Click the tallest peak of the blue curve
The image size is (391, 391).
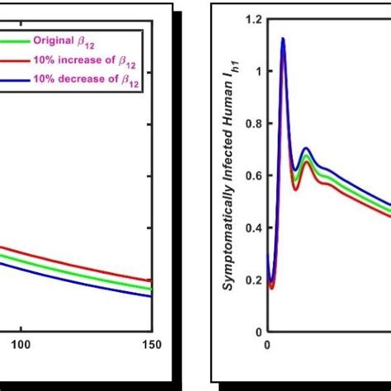(x=283, y=38)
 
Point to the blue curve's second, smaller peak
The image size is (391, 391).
(x=306, y=148)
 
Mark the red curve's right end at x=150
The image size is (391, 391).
(x=151, y=280)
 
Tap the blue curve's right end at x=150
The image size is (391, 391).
(x=151, y=296)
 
